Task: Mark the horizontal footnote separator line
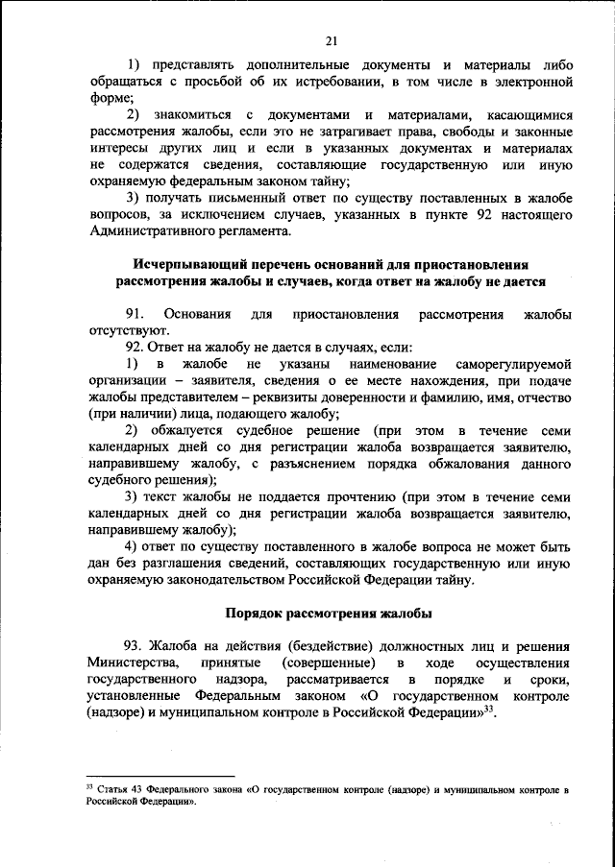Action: click(160, 775)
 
